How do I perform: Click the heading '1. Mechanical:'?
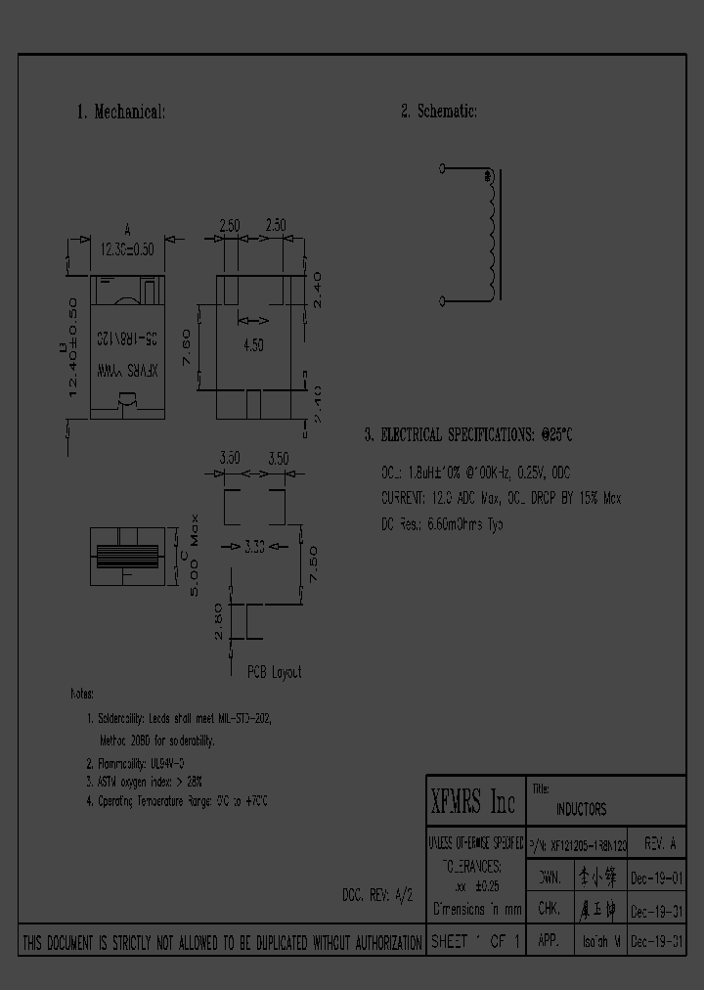click(x=120, y=112)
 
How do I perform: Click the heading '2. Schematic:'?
click(x=438, y=112)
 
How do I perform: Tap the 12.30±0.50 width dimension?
click(x=127, y=249)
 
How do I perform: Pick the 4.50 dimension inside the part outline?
click(x=254, y=345)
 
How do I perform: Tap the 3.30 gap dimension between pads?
click(x=254, y=545)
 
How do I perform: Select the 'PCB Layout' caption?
click(x=274, y=672)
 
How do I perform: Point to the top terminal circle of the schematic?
click(x=442, y=169)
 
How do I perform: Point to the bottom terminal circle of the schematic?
click(x=442, y=300)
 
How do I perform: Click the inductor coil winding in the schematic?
click(x=491, y=235)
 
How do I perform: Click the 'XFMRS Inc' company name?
click(x=473, y=803)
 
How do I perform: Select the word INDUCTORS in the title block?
click(x=581, y=809)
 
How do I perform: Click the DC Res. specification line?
click(x=442, y=524)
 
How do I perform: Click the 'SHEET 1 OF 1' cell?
click(x=476, y=943)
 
